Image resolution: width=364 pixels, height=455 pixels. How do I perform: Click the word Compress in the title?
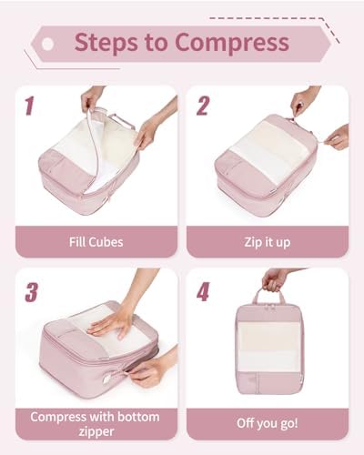coord(232,43)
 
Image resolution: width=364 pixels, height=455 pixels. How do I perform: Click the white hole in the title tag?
coord(47,45)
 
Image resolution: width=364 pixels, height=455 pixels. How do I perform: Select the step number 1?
coord(29,106)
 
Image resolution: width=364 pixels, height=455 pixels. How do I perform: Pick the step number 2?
coord(203,106)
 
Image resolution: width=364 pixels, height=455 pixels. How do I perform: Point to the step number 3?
coord(31,292)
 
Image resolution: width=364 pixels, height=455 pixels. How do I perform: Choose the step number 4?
coord(203,291)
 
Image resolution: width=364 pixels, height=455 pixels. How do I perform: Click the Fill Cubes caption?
coord(96,242)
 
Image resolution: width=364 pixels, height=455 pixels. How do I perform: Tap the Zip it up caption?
coord(268,243)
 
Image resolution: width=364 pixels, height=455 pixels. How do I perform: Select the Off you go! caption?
coord(268,423)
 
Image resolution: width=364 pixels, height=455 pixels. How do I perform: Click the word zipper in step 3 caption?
coord(96,431)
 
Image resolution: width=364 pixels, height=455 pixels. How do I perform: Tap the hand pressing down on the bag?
coord(112,322)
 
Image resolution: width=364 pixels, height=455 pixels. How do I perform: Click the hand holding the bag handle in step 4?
coord(275,280)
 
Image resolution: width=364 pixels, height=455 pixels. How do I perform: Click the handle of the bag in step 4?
coord(268,296)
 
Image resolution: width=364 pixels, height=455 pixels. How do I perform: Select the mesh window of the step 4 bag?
coord(268,347)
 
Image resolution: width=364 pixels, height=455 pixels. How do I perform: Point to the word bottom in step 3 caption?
coord(138,417)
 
